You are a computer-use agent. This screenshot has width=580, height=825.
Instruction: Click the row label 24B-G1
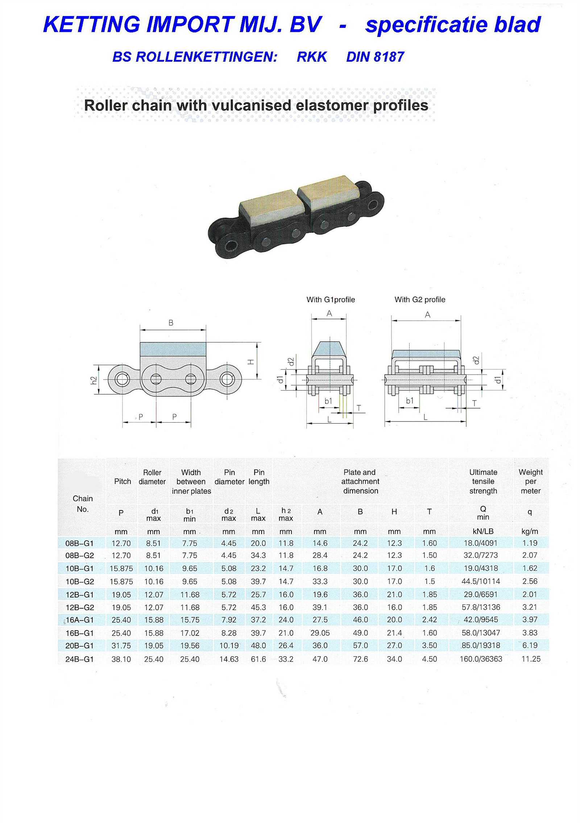(x=79, y=659)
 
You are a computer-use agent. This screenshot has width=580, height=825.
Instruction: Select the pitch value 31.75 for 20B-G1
(x=121, y=646)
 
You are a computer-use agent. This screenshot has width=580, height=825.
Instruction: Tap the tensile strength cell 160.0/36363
(x=481, y=659)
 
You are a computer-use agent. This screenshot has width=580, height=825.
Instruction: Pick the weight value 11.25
(x=531, y=659)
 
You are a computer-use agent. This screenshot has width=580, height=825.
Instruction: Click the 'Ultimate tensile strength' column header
(x=483, y=481)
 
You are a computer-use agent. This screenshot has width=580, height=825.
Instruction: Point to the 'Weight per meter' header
(x=531, y=481)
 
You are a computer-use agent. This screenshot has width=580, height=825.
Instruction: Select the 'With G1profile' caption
(x=331, y=300)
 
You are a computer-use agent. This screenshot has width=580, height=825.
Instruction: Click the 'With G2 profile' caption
(x=420, y=300)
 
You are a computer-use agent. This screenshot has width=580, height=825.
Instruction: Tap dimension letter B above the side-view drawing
(x=171, y=323)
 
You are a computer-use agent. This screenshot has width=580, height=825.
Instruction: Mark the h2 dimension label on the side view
(x=94, y=380)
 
